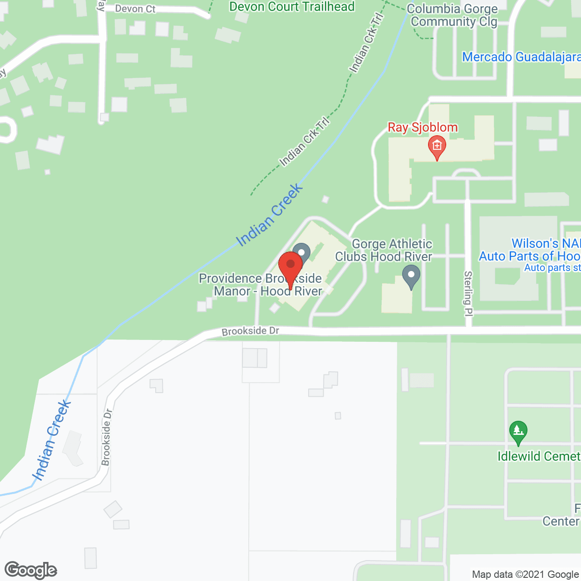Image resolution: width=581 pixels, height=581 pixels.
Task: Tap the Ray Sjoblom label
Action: [x=422, y=128]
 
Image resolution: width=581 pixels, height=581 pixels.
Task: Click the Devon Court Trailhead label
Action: [x=292, y=7]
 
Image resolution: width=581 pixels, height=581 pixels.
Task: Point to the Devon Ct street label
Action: [x=135, y=9]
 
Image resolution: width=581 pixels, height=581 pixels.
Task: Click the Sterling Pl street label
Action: [x=468, y=293]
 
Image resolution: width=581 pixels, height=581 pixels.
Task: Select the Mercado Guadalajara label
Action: [x=521, y=57]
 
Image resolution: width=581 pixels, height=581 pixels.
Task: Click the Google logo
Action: [x=31, y=570]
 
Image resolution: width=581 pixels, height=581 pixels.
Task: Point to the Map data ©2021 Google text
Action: [x=525, y=575]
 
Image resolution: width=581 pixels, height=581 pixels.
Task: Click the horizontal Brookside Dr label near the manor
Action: [x=250, y=331]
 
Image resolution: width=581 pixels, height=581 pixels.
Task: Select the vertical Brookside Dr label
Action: [x=106, y=437]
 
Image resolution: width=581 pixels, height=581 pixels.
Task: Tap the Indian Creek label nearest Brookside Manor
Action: [x=269, y=215]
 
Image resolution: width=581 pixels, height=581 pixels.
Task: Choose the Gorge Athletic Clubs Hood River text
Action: [x=384, y=250]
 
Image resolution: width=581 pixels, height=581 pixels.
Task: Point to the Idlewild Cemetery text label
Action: [x=538, y=456]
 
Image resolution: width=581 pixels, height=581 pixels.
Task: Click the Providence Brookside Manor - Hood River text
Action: [x=261, y=285]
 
